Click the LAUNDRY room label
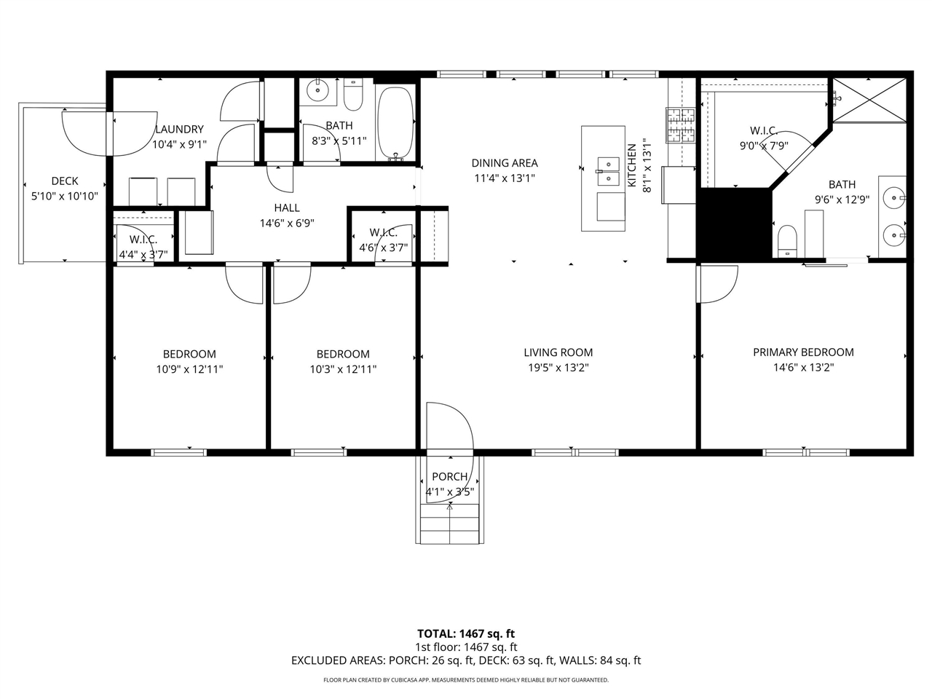coord(179,130)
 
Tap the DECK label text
coord(64,181)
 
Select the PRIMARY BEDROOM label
coord(803,352)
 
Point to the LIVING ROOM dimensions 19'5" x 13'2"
coord(558,368)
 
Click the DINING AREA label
coord(504,163)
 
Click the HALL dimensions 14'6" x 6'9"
coord(287,224)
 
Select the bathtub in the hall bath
coord(395,123)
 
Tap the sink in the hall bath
coord(317,91)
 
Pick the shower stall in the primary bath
coord(869,99)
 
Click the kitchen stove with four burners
coord(681,126)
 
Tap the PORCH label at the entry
coord(449,477)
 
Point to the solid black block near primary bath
coord(734,223)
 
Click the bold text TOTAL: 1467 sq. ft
coord(465,633)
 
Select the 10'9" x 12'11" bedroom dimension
coord(189,369)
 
